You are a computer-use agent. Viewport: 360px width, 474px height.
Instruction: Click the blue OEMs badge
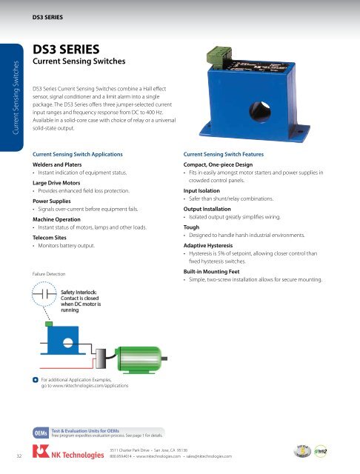click(x=41, y=432)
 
